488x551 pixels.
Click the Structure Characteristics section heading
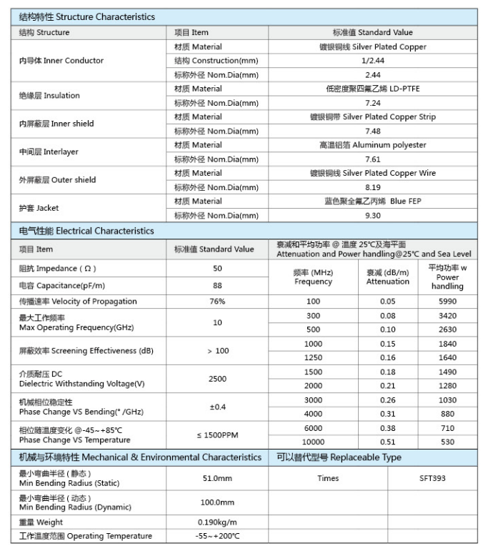[86, 16]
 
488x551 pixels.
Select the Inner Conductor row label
[61, 61]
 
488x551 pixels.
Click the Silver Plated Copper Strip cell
[372, 116]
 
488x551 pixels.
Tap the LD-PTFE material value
[372, 89]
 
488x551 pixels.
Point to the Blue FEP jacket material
[372, 201]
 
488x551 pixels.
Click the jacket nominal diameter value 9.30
[372, 215]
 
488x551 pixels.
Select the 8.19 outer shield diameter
[372, 187]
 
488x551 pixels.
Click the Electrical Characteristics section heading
[86, 231]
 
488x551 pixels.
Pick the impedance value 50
[217, 268]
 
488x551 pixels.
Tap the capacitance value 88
[217, 285]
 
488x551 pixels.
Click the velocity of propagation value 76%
[217, 302]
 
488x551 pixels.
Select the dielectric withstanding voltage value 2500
[217, 379]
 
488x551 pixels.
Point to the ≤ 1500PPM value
[217, 435]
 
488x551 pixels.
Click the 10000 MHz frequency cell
[313, 442]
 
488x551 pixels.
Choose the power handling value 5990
[447, 302]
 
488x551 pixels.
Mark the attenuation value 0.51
[387, 442]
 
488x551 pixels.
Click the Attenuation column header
[387, 277]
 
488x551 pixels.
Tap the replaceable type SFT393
[432, 478]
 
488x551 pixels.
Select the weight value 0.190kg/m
[217, 522]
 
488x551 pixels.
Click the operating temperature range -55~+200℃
[217, 536]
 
